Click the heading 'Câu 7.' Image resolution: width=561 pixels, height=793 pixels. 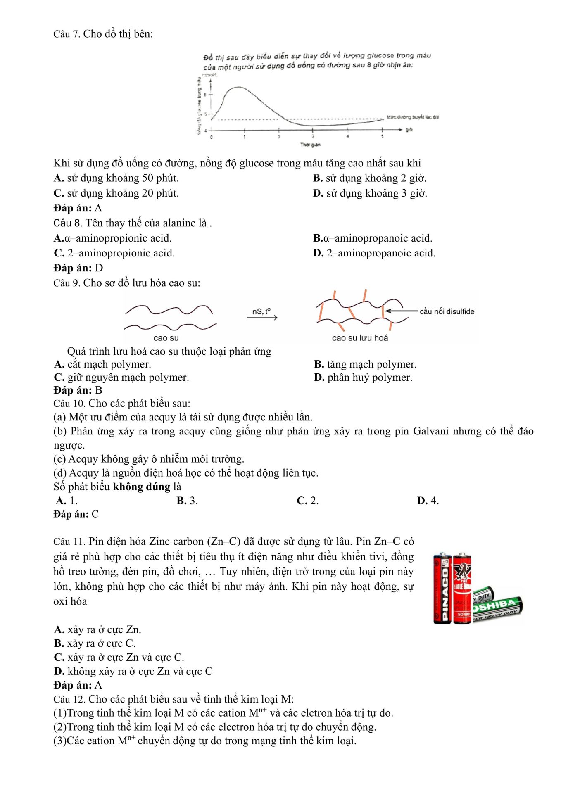click(67, 34)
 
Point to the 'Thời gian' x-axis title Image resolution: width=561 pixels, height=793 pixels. click(310, 145)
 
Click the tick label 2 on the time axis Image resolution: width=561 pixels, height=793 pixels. click(279, 137)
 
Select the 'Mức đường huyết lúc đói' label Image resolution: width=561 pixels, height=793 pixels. click(412, 117)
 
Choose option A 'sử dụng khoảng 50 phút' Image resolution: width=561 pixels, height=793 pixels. click(116, 178)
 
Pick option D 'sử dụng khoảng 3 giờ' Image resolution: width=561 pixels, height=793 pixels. click(370, 193)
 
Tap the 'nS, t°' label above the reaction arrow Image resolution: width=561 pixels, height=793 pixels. click(261, 311)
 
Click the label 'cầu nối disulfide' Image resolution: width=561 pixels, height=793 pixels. click(447, 311)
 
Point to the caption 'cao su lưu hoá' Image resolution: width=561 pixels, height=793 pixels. click(360, 338)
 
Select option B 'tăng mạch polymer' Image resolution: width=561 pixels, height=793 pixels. click(365, 364)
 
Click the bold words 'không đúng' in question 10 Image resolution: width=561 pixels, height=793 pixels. click(141, 487)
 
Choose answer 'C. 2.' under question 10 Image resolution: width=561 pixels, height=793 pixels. click(307, 501)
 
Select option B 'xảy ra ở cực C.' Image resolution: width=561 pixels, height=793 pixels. click(95, 643)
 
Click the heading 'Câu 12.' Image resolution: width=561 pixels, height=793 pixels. click(69, 699)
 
